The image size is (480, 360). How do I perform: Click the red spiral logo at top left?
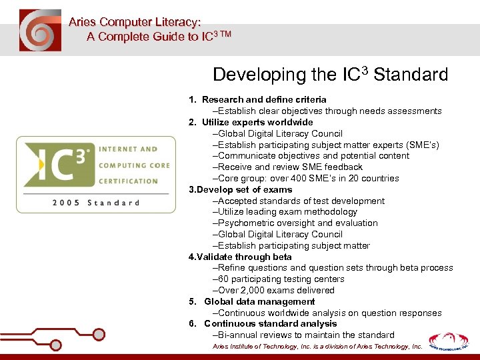pyautogui.click(x=39, y=30)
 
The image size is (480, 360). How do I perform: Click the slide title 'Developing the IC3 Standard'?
pyautogui.click(x=330, y=75)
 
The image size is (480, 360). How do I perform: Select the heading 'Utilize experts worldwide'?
pyautogui.click(x=257, y=122)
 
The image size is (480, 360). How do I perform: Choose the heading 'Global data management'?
pyautogui.click(x=259, y=301)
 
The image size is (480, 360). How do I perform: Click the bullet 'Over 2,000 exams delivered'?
pyautogui.click(x=273, y=290)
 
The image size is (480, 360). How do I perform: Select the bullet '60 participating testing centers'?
pyautogui.click(x=278, y=279)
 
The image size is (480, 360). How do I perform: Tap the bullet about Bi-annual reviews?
pyautogui.click(x=303, y=335)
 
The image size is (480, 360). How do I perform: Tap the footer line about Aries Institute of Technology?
pyautogui.click(x=317, y=347)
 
